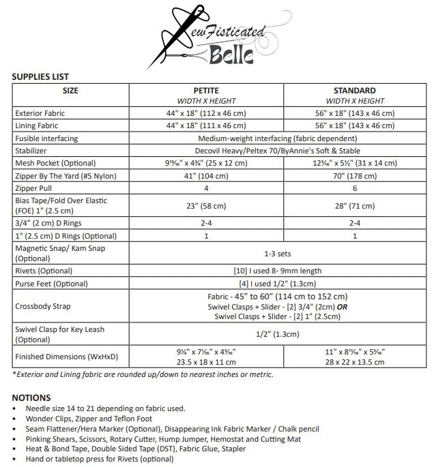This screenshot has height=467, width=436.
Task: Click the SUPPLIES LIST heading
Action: coord(40,77)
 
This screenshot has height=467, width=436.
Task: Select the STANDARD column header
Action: coord(354,90)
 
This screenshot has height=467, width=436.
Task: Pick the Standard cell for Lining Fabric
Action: coord(354,126)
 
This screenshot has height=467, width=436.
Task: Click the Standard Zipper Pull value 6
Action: coord(354,189)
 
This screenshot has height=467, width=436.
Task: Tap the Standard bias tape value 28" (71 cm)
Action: coord(354,206)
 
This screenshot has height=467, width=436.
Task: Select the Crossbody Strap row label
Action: coord(40,306)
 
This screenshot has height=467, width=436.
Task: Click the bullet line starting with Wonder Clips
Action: coord(89,418)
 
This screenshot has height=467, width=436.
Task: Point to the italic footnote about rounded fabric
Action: coord(143,374)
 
